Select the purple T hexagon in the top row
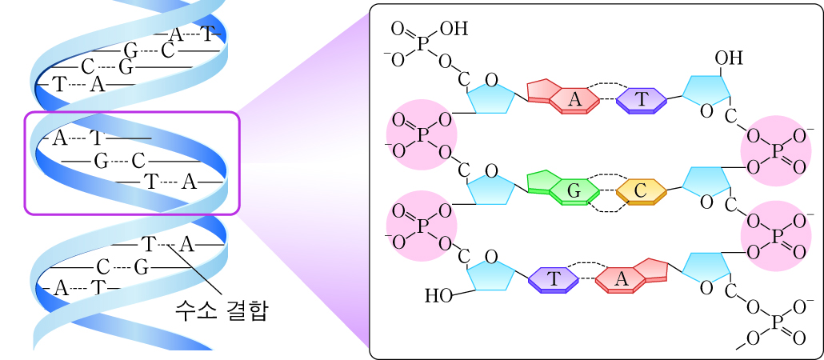(x=642, y=99)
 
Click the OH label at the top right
(x=728, y=58)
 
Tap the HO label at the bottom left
(x=438, y=296)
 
